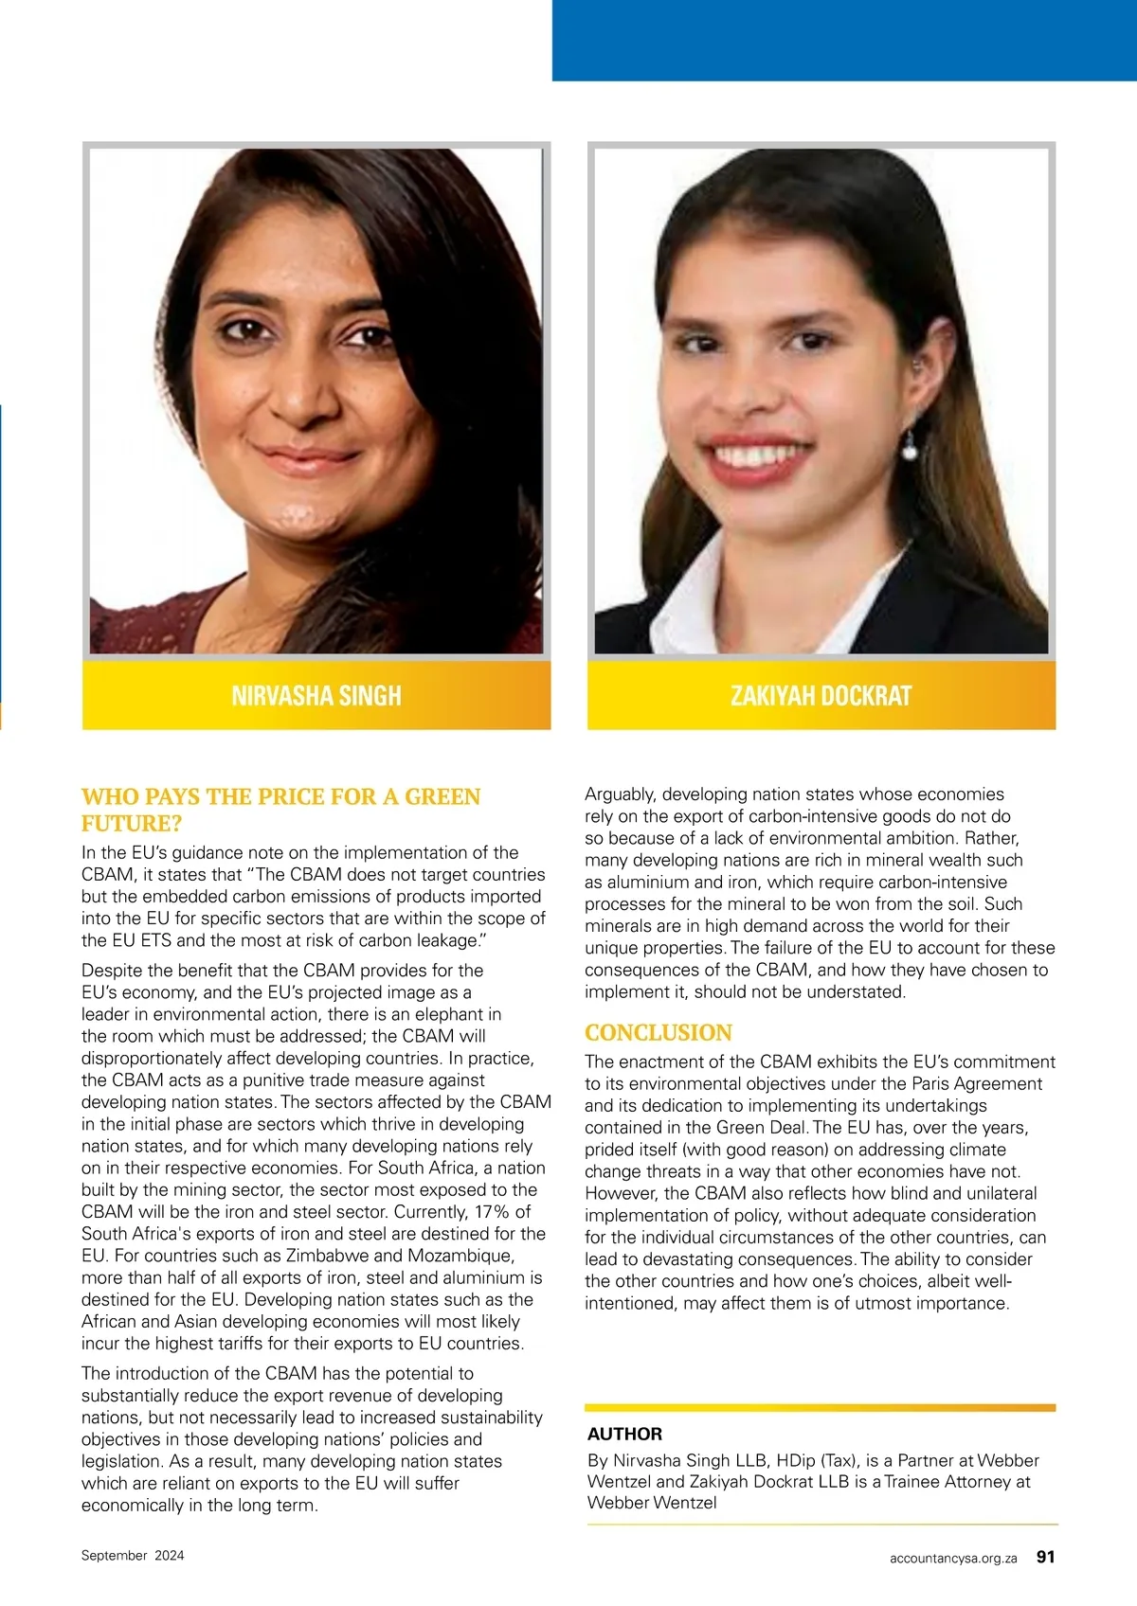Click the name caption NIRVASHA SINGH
316,696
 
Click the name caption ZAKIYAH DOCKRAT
821,696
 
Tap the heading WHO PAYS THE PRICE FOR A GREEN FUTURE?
280,809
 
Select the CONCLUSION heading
659,1032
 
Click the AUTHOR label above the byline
624,1434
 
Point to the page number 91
1045,1557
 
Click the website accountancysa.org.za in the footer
953,1558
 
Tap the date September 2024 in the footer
133,1555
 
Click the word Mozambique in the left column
460,1256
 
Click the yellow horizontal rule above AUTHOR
820,1408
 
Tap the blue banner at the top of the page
843,40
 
